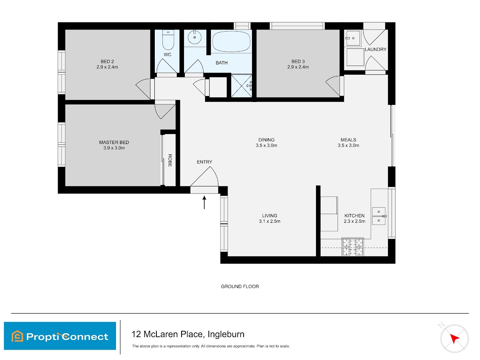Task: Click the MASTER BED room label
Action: tap(114, 142)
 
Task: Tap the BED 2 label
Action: tap(107, 62)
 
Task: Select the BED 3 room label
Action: tap(298, 62)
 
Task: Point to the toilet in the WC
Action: tap(168, 40)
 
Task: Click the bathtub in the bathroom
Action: tap(231, 42)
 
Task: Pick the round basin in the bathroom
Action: tap(194, 37)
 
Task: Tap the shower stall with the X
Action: tap(242, 86)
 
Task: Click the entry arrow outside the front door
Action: tap(204, 202)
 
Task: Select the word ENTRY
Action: tap(204, 162)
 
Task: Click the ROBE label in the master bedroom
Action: tap(170, 160)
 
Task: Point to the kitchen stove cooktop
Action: tap(352, 247)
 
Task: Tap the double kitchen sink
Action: tap(378, 216)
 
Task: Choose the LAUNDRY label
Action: tap(376, 49)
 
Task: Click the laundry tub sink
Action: tap(352, 38)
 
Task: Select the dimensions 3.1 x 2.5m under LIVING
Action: tap(270, 221)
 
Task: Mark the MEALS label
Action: tap(348, 140)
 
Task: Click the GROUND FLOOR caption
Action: tap(240, 286)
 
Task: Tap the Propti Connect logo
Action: tap(60, 336)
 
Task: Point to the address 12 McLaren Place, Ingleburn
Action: tap(188, 334)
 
